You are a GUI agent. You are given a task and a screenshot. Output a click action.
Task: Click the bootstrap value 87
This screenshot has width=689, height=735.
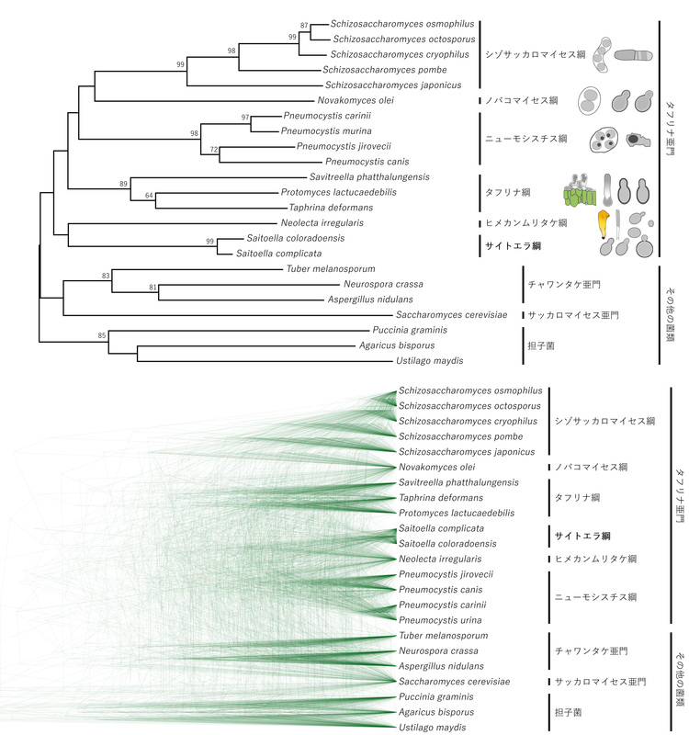pos(305,25)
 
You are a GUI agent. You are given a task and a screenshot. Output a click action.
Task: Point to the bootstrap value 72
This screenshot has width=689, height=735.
pos(214,149)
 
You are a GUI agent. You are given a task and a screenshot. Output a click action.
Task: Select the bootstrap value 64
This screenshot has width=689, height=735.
pos(150,195)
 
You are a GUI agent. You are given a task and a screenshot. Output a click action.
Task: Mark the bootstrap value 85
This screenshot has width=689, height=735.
pos(102,335)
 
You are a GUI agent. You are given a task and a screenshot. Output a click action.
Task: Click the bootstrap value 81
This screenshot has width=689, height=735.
pos(152,288)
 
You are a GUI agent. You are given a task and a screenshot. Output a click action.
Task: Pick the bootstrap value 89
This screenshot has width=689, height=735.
pos(123,185)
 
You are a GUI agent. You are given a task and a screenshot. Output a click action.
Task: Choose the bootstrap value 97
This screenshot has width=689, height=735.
pos(244,118)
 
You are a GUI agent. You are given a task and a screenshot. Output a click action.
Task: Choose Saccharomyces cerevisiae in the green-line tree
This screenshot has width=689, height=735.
pos(454,682)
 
